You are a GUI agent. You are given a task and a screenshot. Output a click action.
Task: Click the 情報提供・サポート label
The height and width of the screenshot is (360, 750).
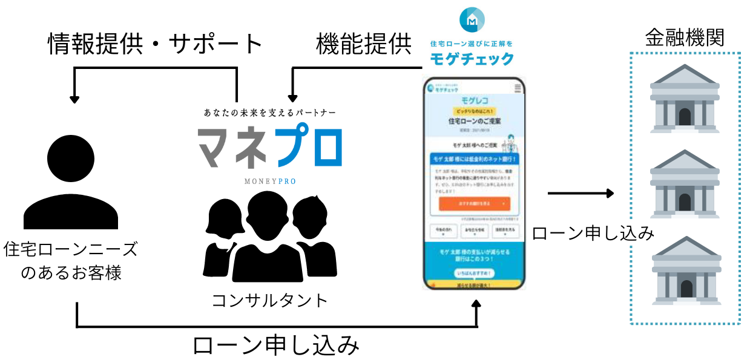[x=156, y=44]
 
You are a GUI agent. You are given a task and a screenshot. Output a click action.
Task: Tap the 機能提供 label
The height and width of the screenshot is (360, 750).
[x=364, y=44]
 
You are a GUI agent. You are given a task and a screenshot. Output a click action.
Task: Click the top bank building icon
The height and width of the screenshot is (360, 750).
[x=685, y=100]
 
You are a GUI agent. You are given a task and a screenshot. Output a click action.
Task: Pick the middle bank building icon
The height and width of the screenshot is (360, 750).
[x=685, y=185]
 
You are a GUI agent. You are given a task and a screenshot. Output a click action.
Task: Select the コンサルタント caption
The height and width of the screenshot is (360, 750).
[x=270, y=300]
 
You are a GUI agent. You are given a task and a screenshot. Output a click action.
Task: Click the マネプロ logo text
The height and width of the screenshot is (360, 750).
[x=270, y=147]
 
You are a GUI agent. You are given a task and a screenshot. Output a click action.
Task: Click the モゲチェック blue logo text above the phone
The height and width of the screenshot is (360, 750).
[x=472, y=59]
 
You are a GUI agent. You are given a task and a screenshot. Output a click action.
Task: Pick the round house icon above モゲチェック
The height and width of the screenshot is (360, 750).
[x=472, y=21]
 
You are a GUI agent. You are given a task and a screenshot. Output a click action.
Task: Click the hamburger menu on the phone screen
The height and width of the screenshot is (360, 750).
[x=518, y=88]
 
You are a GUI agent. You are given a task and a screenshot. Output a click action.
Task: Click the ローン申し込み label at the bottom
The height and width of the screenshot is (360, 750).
[x=276, y=346]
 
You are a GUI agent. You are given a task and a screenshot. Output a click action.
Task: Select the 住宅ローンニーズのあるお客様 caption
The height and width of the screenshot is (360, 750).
[x=71, y=261]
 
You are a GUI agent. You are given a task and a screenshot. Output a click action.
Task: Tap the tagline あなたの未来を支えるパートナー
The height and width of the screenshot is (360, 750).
[x=270, y=113]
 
